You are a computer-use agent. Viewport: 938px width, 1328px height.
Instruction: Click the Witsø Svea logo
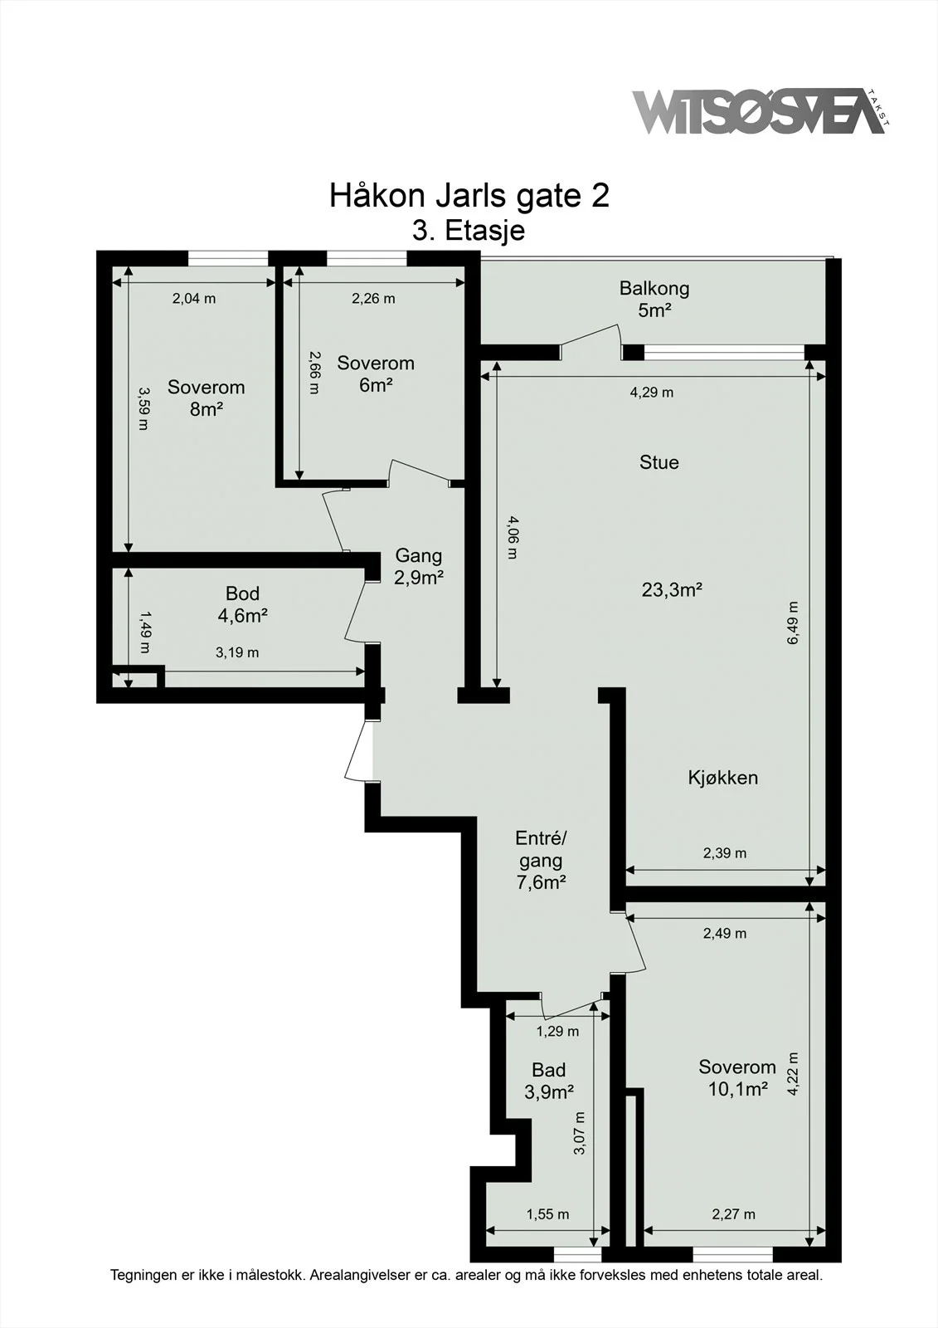(x=761, y=111)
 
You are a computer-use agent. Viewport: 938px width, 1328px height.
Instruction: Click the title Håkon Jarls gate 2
(x=469, y=196)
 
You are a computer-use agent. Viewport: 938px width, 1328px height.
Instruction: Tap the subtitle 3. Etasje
(x=469, y=231)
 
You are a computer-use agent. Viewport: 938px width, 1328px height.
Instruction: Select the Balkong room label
(x=654, y=289)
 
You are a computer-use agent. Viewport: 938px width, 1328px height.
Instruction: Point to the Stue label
(x=659, y=462)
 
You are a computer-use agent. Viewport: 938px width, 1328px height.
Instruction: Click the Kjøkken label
(x=723, y=777)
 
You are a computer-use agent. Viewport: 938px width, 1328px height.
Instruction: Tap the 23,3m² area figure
(x=672, y=590)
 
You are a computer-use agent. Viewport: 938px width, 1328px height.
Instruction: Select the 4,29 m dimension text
(x=652, y=393)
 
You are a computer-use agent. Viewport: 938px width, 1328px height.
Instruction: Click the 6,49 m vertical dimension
(x=794, y=622)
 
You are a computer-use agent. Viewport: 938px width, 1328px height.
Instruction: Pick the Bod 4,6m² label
(x=242, y=604)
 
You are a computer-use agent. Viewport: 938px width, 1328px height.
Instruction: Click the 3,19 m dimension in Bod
(x=237, y=652)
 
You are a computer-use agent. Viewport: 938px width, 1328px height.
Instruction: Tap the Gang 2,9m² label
(x=419, y=566)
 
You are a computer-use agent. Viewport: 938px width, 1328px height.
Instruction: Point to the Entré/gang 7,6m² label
(x=541, y=860)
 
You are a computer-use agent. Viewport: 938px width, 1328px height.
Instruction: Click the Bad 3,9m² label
(x=549, y=1081)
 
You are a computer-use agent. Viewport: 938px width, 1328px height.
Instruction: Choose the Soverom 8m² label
(x=207, y=398)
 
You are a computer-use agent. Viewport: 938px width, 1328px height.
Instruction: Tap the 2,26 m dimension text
(x=373, y=299)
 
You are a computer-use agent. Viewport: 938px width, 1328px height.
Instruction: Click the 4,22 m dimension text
(x=794, y=1074)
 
